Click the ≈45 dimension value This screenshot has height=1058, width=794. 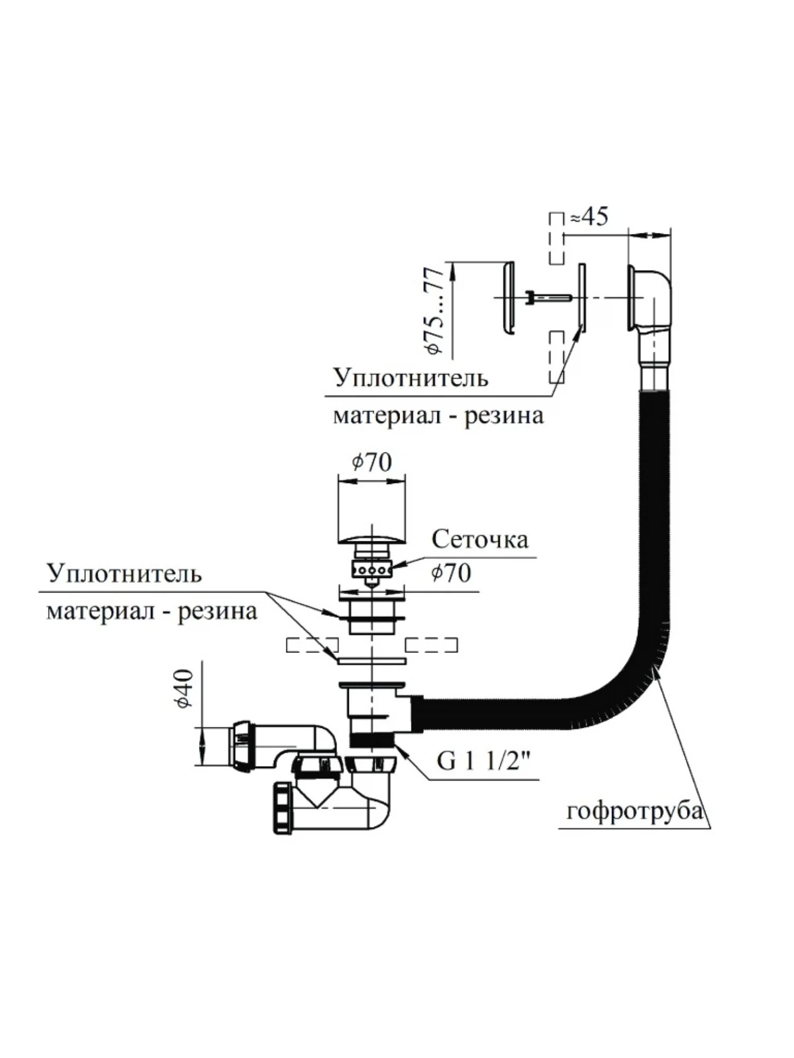click(x=589, y=217)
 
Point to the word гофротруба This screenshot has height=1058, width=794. click(x=634, y=826)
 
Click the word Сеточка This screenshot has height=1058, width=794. click(x=480, y=540)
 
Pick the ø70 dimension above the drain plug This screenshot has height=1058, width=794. click(x=372, y=462)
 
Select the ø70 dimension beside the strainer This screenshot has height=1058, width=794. click(x=451, y=572)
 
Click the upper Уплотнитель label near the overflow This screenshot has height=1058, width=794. click(x=410, y=379)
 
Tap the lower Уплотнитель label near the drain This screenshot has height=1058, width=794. click(x=124, y=573)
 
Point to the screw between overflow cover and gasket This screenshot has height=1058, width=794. click(x=548, y=298)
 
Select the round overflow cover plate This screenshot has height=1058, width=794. click(x=508, y=298)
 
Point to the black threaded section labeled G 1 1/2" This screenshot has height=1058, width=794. click(x=372, y=739)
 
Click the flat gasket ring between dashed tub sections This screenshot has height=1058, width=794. click(x=372, y=661)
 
